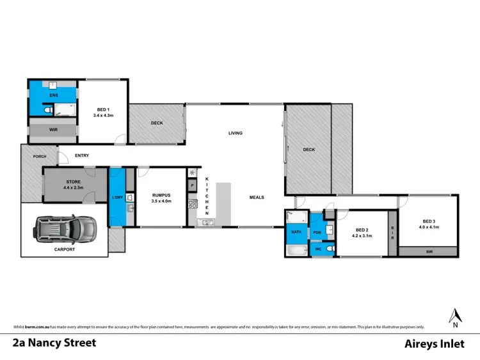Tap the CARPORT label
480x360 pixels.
64,249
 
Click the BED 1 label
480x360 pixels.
102,110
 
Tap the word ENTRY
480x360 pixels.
82,155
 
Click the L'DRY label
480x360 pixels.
118,197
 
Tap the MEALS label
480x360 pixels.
257,198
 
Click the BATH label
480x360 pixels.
296,232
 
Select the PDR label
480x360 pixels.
317,232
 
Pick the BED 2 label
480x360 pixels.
362,230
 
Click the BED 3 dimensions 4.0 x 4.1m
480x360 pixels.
429,227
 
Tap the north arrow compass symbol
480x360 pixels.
456,315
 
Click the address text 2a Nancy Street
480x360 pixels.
54,343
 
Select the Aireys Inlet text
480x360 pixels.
436,343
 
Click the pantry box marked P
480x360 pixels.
192,185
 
